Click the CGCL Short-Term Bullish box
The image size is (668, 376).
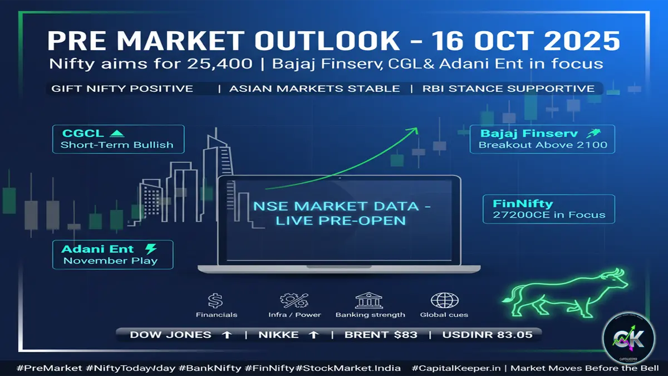[x=118, y=139]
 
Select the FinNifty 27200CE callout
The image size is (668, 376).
[x=548, y=209]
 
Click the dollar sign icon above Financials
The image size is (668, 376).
[x=215, y=301]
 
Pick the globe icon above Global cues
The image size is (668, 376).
[x=444, y=301]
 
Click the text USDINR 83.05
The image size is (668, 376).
[x=487, y=335]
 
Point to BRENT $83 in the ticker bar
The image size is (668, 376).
[x=381, y=335]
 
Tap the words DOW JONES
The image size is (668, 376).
[x=170, y=335]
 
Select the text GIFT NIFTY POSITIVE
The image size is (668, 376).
[x=122, y=89]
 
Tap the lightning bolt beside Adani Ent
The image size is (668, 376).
[x=150, y=248]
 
